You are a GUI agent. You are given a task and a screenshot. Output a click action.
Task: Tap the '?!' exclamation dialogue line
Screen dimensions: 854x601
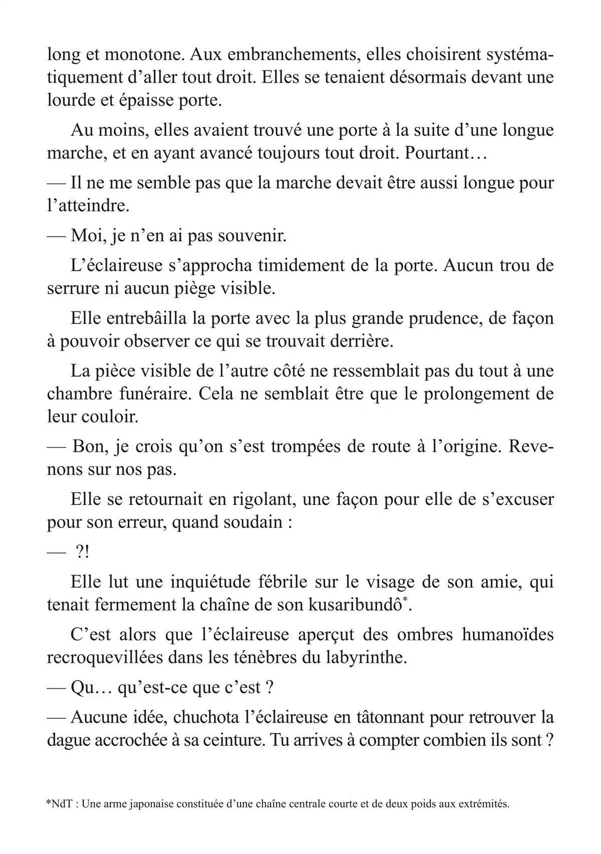coord(83,552)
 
